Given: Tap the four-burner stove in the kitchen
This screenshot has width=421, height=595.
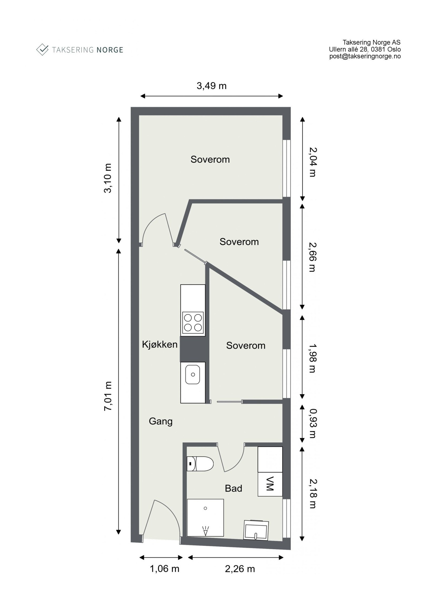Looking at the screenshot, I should pyautogui.click(x=193, y=323).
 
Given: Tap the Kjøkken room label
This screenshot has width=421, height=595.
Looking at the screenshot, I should pyautogui.click(x=159, y=344).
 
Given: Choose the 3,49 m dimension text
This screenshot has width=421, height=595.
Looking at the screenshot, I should pyautogui.click(x=211, y=86).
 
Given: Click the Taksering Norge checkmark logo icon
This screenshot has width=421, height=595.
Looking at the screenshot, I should pyautogui.click(x=42, y=49).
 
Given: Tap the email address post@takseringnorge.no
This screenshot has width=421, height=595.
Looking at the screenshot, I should pyautogui.click(x=365, y=56).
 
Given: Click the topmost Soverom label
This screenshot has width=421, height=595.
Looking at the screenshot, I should pyautogui.click(x=210, y=159).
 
